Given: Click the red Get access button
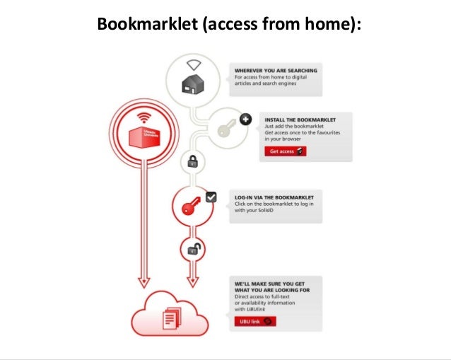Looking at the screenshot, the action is [286, 151].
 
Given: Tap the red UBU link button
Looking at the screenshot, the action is [252, 321].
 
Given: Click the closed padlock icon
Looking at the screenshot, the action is [192, 162].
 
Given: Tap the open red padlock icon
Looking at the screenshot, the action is [192, 249].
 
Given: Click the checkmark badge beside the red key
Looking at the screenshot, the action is [211, 197].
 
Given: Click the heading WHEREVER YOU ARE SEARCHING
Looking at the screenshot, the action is [276, 71].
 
